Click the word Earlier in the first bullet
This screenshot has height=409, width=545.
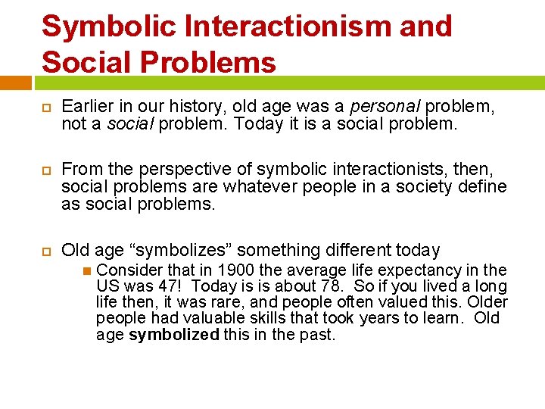click(x=87, y=107)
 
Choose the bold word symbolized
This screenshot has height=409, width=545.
click(x=174, y=334)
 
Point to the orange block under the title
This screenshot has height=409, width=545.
click(x=15, y=82)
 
